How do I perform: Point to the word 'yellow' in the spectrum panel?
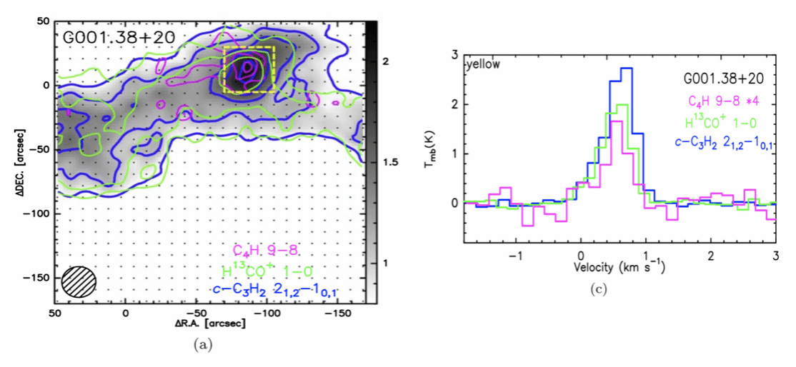point(483,64)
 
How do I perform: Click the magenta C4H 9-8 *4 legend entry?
point(723,100)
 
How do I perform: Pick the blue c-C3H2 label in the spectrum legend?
point(724,142)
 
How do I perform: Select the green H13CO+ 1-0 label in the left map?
point(269,271)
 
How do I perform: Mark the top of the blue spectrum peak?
point(627,69)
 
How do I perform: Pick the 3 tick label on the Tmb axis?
point(454,56)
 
